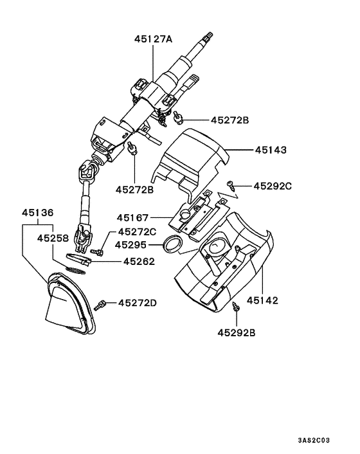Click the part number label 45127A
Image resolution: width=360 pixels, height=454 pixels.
click(x=153, y=39)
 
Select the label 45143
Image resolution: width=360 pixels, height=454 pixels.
click(x=271, y=149)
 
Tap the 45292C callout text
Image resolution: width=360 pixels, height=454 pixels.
click(x=273, y=186)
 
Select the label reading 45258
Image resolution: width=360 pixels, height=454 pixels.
click(x=53, y=237)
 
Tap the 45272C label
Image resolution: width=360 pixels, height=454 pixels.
click(x=136, y=232)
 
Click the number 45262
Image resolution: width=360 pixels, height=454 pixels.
click(x=138, y=262)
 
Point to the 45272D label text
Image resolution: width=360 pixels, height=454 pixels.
click(x=136, y=303)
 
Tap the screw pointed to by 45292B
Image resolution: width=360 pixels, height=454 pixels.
click(x=236, y=309)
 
